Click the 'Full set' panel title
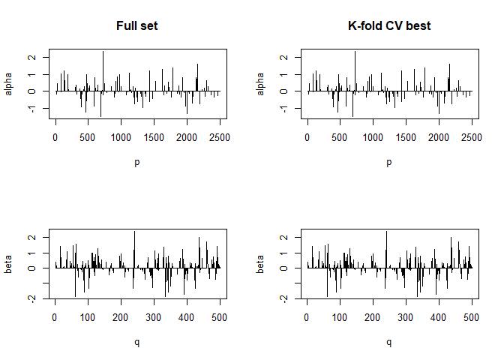coord(136,26)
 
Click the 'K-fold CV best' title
coord(388,26)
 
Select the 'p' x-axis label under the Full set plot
coord(136,162)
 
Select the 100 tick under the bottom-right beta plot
coord(340,317)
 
